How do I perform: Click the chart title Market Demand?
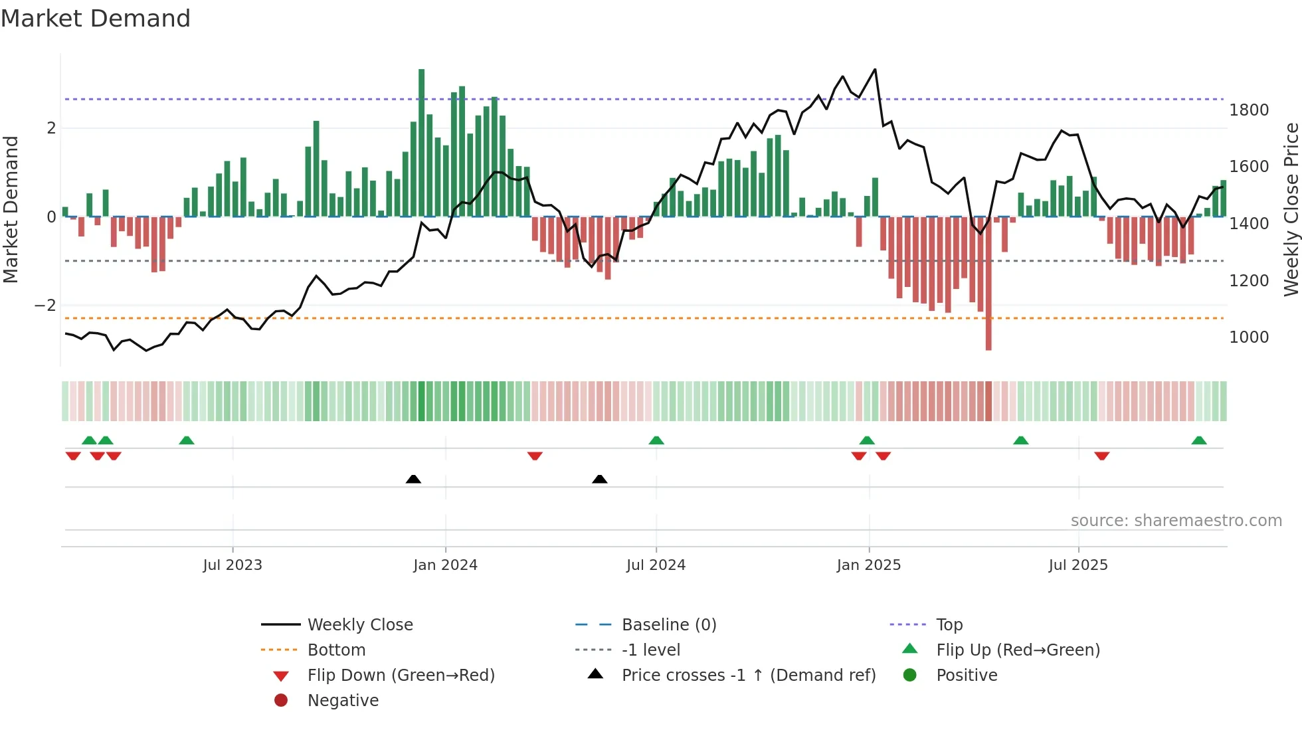tap(96, 19)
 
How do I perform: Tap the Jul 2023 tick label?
tap(232, 565)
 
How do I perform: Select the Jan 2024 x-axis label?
tap(445, 565)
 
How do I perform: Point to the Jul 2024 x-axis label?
tap(656, 565)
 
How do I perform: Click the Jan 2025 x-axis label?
tap(869, 565)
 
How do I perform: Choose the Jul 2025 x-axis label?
tap(1078, 565)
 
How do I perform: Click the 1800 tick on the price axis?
tap(1249, 110)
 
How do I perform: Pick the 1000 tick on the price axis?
tap(1249, 337)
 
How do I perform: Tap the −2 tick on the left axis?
tap(45, 306)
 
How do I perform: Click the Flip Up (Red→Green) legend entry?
tap(1018, 650)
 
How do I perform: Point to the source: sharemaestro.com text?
tap(1176, 521)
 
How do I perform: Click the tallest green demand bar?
tap(422, 143)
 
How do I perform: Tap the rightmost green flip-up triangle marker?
tap(1199, 440)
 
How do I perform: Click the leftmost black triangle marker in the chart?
tap(413, 479)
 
